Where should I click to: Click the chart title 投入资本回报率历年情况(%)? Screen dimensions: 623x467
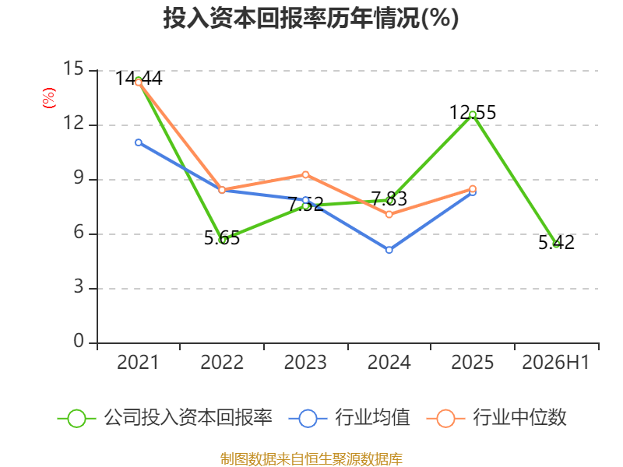(x=311, y=18)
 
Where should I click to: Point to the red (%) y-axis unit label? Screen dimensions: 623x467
(x=49, y=98)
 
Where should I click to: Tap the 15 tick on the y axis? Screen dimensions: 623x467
(x=73, y=68)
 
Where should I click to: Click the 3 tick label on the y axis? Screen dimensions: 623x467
(x=79, y=286)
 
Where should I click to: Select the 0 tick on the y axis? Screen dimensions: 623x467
(x=79, y=341)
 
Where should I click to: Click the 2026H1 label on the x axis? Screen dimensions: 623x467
(x=555, y=362)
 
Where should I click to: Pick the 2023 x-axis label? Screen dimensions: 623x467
(x=305, y=362)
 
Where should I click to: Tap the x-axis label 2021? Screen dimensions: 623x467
(x=138, y=362)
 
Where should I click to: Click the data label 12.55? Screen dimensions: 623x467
(x=473, y=112)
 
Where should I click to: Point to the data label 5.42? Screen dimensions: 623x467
(x=556, y=242)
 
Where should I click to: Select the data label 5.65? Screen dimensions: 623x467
(x=222, y=238)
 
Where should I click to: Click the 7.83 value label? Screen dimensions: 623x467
(x=389, y=198)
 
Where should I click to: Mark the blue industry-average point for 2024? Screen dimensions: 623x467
(x=389, y=250)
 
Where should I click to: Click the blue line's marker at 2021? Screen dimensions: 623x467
(x=139, y=142)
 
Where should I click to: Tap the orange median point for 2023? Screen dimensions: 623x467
(x=305, y=174)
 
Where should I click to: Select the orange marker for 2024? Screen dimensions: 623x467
(x=389, y=215)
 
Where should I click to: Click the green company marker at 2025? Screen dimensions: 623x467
(x=473, y=115)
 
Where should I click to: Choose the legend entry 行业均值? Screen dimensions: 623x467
(x=349, y=418)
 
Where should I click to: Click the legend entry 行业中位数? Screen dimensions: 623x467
(x=496, y=418)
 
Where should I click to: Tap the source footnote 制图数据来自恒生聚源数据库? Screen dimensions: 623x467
(x=311, y=459)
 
